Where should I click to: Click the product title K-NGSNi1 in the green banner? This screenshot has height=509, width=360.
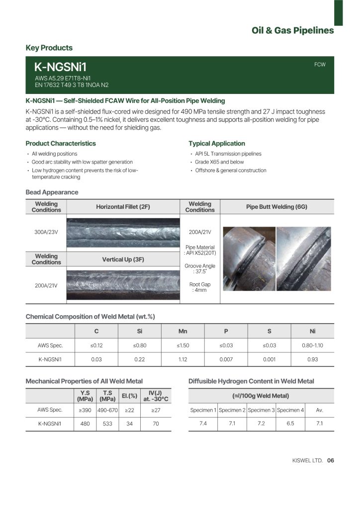[60, 67]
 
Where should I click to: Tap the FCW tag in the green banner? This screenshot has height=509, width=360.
[320, 65]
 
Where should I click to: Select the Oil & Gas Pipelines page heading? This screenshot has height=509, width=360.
[292, 31]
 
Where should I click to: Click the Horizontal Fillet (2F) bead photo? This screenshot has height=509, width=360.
[123, 232]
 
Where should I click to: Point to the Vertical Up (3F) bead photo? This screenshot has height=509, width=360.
[123, 286]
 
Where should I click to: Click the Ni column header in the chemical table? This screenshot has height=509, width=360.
[312, 331]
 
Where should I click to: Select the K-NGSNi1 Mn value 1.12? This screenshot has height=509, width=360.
[182, 359]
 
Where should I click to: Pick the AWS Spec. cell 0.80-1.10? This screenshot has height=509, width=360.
[312, 345]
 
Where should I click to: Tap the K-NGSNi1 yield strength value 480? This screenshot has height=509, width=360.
[85, 424]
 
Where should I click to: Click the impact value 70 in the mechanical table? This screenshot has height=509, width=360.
[156, 424]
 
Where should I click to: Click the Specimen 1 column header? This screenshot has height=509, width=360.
[203, 410]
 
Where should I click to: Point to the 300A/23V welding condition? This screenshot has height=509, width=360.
[46, 232]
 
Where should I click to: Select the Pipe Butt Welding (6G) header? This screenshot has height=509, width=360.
[276, 207]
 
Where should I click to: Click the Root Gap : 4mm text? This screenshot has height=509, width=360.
[199, 287]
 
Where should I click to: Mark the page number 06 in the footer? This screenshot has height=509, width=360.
[331, 460]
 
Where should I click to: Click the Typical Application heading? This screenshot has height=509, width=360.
[217, 143]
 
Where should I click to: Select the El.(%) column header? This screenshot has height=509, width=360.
[129, 396]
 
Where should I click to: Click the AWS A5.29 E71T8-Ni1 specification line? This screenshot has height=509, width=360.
[62, 78]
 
